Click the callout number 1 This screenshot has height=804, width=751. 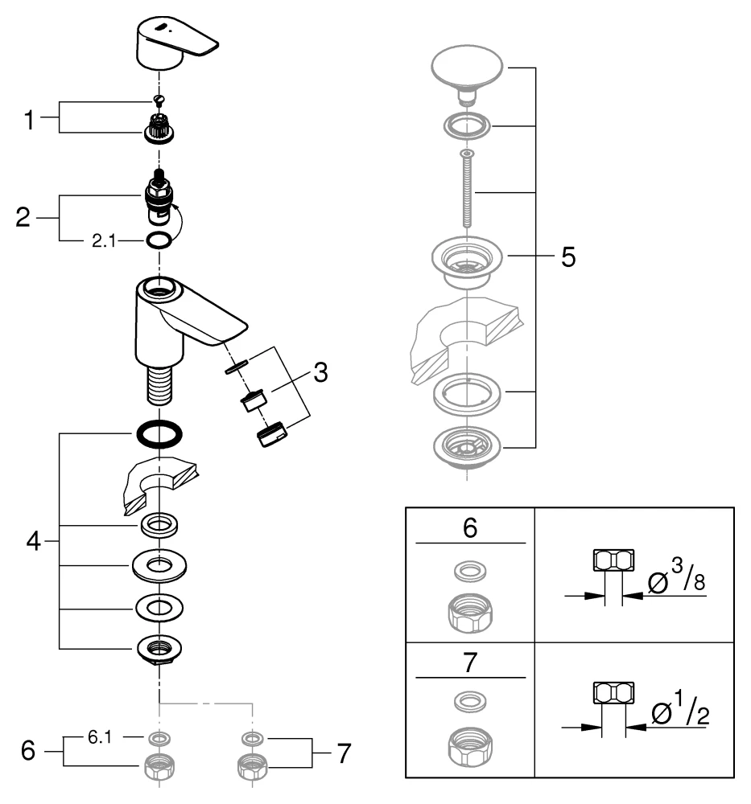click(x=29, y=121)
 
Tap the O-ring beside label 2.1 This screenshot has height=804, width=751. click(x=159, y=240)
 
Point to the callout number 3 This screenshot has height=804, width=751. click(x=320, y=372)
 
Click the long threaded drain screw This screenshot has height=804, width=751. click(x=467, y=189)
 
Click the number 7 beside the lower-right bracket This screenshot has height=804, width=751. click(x=345, y=753)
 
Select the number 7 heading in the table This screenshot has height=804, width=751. click(x=471, y=663)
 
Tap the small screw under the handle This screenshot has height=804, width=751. click(x=159, y=100)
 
